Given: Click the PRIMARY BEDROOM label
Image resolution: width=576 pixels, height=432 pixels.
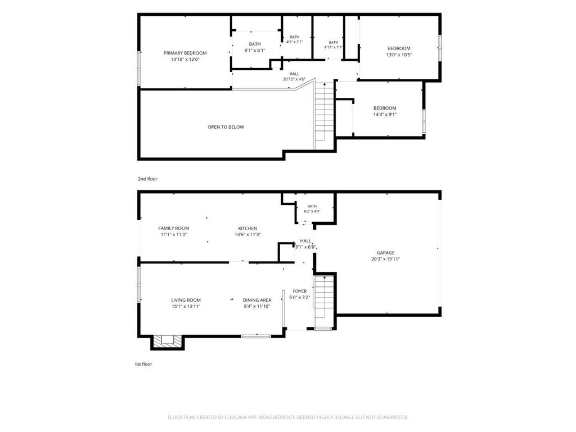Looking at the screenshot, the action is (x=185, y=53).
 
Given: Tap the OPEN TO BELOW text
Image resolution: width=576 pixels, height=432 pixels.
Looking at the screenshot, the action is (x=226, y=127).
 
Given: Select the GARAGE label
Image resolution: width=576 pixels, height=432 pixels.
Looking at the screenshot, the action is (x=385, y=253).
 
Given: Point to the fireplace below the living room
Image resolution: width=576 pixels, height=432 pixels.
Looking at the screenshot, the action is (x=167, y=341).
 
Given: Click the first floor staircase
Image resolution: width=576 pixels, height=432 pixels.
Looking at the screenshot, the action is (x=323, y=301).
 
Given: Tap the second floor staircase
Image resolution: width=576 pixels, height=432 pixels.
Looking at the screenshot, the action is (x=324, y=116).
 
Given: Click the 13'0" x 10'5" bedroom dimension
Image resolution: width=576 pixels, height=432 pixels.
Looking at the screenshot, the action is (x=399, y=55).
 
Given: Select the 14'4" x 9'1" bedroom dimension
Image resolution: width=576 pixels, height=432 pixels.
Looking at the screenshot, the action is (x=385, y=115).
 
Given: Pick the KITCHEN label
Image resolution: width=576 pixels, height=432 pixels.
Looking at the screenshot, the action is (x=247, y=228).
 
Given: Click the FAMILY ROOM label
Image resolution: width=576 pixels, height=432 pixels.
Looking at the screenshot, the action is (x=174, y=228).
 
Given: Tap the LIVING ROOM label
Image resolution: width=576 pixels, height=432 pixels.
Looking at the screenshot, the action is (x=186, y=300).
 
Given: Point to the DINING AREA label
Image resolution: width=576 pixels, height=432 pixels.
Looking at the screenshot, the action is (x=257, y=300).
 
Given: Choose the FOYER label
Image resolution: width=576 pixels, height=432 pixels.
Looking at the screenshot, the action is (x=300, y=291).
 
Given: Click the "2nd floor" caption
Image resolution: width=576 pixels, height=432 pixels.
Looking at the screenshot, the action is (x=148, y=179).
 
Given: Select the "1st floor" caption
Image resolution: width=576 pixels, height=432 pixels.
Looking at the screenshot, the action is (x=143, y=364).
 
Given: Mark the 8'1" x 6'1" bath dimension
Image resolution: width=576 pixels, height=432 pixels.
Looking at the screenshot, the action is (x=255, y=51).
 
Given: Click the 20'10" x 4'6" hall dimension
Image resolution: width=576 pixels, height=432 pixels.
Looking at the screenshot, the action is (x=294, y=79).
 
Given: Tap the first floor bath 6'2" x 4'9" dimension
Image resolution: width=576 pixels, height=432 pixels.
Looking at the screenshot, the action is (x=312, y=211).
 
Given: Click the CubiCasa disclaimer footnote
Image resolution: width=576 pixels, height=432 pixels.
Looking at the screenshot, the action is (x=288, y=417).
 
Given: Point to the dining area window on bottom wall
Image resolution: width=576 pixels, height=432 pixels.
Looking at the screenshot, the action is (x=256, y=336).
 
